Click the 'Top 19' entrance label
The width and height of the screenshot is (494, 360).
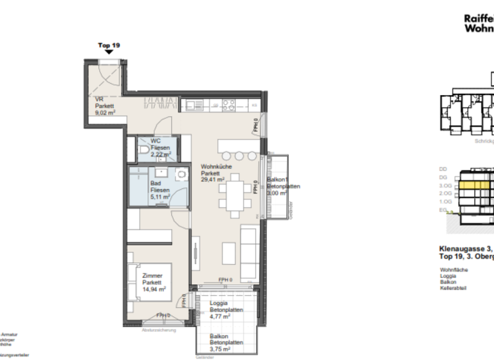[x=108, y=46]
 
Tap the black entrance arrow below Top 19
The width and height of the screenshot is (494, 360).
[x=109, y=53]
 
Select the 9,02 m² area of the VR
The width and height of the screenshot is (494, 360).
[x=105, y=113]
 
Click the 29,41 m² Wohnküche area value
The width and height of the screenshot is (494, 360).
[x=212, y=181]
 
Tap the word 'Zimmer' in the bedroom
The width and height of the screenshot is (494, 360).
[x=152, y=275]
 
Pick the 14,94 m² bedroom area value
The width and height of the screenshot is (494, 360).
[x=154, y=290]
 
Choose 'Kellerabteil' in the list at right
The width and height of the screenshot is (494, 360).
[x=453, y=287]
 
